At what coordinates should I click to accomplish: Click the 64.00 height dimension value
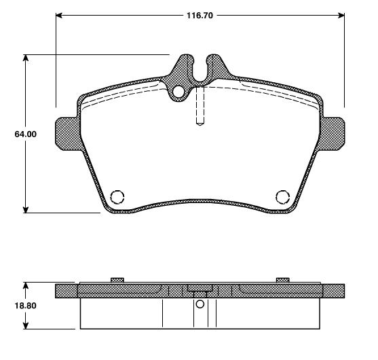pos(25,134)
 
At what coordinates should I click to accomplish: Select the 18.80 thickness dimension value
pos(25,306)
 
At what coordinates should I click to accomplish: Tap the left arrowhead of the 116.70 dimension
pos(60,14)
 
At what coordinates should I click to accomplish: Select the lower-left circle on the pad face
pos(117,197)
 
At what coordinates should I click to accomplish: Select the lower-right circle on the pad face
pos(283,197)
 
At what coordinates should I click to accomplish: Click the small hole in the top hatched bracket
pos(178,92)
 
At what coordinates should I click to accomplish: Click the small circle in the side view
pos(200,304)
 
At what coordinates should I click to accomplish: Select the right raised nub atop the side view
pos(283,280)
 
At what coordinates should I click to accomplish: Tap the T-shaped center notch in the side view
pos(200,290)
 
